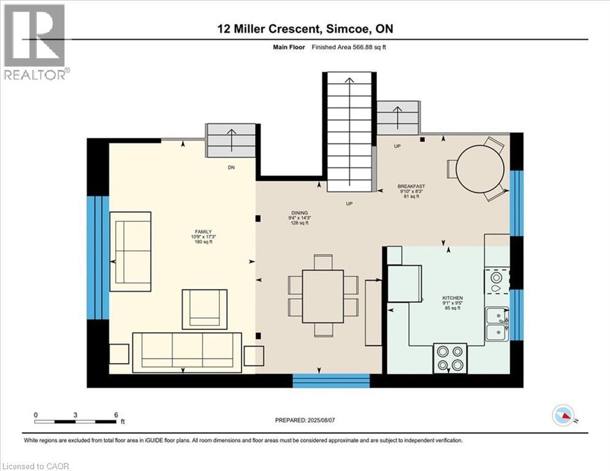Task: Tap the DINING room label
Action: click(299, 212)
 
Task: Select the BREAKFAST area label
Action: click(411, 186)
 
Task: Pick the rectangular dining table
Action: click(323, 296)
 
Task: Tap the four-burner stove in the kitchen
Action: click(450, 358)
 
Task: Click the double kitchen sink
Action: click(497, 324)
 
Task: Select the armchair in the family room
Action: click(205, 309)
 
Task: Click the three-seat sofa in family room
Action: click(188, 352)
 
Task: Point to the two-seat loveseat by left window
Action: click(130, 251)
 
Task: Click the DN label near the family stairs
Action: click(231, 167)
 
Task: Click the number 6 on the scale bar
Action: click(116, 415)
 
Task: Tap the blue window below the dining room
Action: click(331, 381)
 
